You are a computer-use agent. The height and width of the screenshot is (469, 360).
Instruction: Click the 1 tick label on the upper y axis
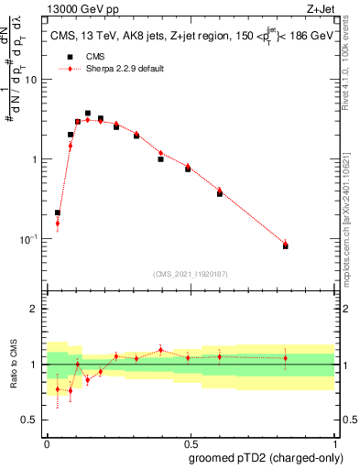click(x=35, y=159)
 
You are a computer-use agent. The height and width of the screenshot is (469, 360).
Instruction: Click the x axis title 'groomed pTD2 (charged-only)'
click(x=267, y=457)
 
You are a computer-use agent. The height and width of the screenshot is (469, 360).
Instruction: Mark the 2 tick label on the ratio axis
click(x=35, y=309)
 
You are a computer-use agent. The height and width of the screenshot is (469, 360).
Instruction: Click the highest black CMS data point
click(x=88, y=114)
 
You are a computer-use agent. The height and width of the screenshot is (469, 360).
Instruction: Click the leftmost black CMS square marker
click(x=58, y=213)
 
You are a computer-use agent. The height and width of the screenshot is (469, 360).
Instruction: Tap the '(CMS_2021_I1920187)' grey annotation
click(x=190, y=274)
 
